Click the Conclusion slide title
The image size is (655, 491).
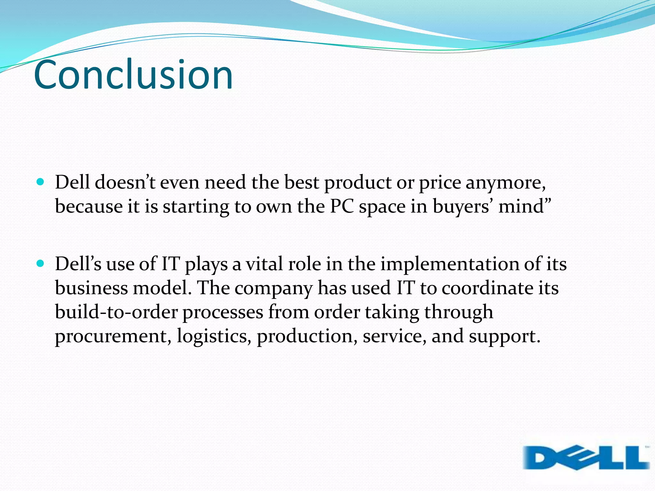click(x=133, y=75)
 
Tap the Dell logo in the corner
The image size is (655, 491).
click(x=586, y=458)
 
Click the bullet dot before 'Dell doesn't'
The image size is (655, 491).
click(x=40, y=182)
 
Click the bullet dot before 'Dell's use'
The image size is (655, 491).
click(x=40, y=264)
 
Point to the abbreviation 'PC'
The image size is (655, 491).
click(x=342, y=206)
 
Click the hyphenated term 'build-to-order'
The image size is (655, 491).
click(x=116, y=312)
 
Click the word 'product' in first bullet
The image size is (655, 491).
click(x=358, y=183)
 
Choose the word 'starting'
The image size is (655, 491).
click(x=196, y=207)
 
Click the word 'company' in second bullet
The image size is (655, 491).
click(x=273, y=289)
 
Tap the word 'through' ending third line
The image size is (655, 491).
click(x=459, y=312)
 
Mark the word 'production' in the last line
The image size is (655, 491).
click(x=307, y=337)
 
